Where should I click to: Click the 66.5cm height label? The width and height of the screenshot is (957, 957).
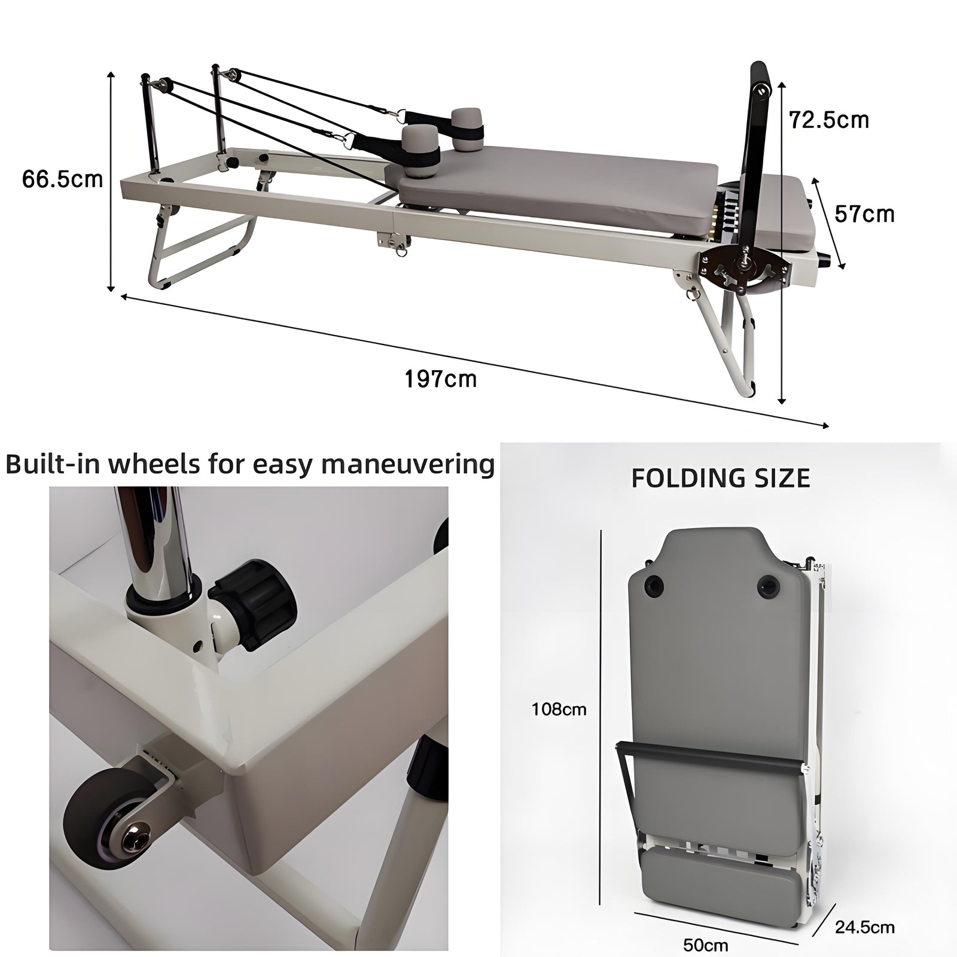[x=62, y=179]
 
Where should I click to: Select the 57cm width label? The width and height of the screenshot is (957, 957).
[x=864, y=214]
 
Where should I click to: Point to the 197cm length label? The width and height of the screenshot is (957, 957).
[x=441, y=379]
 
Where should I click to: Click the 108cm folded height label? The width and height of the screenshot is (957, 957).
[x=559, y=709]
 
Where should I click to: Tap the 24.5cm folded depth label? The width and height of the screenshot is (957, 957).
[x=865, y=927]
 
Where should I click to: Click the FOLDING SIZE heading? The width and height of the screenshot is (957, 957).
[x=721, y=478]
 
